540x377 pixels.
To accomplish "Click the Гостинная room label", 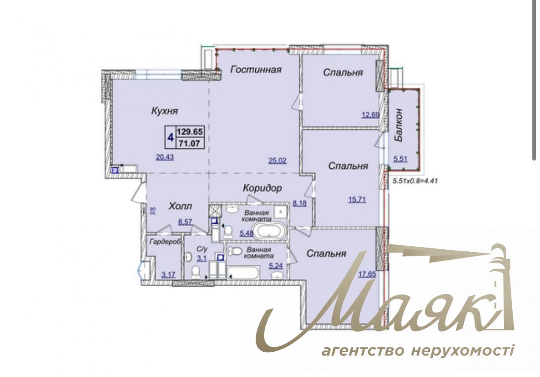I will coord(256,70).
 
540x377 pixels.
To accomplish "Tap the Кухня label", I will coord(165,111).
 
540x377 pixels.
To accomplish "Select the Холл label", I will coord(180,206).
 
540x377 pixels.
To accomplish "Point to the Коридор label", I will coord(262,188).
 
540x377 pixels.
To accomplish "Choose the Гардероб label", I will coord(164,242).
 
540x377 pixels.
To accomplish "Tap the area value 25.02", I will coord(278,160).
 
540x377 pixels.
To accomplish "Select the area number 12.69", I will coord(370,114).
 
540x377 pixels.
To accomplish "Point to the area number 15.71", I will coord(357,199).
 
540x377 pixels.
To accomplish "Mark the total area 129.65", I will coord(190,132).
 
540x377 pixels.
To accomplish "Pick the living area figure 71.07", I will coord(190,143).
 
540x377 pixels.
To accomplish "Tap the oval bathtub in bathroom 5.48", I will coord(271,231).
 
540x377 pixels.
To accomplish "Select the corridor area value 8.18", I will coord(300,203).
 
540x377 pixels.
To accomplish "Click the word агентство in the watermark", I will coord(363,351).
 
